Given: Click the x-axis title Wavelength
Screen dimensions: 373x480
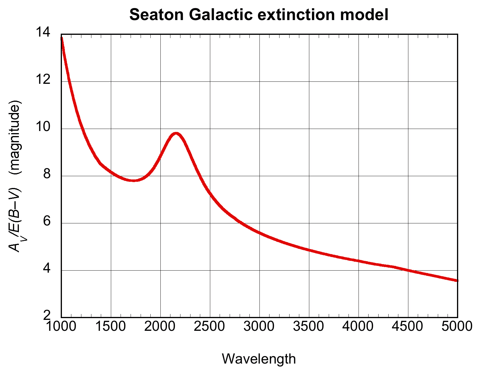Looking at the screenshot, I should tap(259, 359).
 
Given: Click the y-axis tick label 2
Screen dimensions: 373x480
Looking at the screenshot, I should tap(47, 316).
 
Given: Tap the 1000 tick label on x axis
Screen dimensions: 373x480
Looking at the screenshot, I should tap(61, 326).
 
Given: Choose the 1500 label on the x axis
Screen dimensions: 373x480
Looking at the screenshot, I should tap(111, 326).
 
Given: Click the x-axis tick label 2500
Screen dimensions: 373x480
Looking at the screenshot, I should tap(210, 326).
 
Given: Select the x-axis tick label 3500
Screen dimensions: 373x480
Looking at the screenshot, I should tap(309, 326).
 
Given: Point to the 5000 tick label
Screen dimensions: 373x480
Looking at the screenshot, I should tap(457, 326).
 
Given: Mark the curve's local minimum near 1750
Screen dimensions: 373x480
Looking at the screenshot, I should tap(134, 180).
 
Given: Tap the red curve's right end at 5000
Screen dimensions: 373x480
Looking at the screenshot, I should tap(457, 280).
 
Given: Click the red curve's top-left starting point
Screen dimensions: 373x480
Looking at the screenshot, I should tap(62, 38).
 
